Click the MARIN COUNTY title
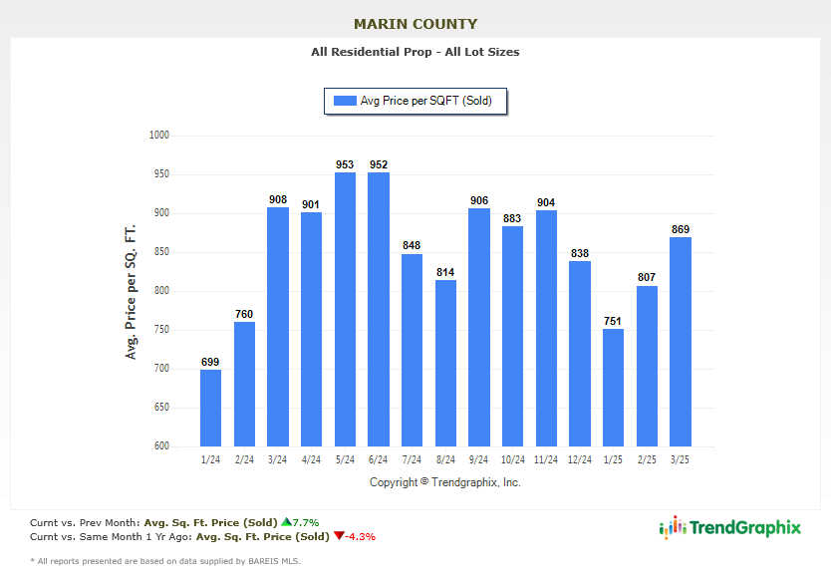415,24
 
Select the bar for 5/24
345,309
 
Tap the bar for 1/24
210,408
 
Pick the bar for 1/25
614,388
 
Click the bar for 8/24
445,363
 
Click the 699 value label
210,362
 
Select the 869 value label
681,229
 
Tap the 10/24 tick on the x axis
513,459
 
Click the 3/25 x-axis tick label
681,459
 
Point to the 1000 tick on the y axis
159,136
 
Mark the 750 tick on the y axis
159,330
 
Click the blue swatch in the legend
345,101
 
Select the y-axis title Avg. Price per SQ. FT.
131,291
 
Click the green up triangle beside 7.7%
286,521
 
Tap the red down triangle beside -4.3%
339,536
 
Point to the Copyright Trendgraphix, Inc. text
445,482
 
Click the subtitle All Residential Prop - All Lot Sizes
415,52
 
